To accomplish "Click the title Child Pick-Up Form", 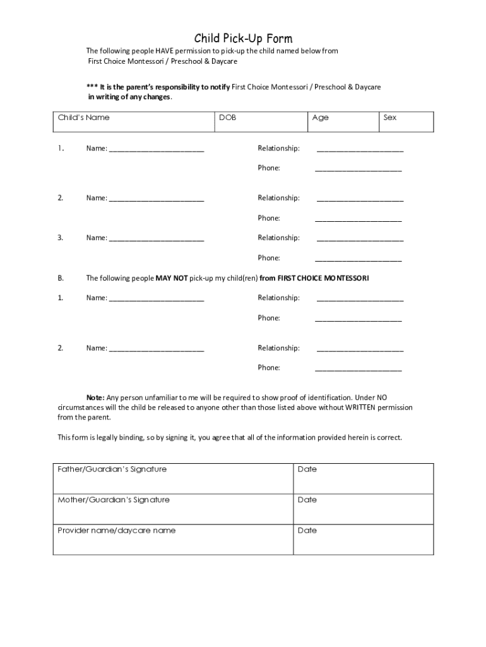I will [x=243, y=39].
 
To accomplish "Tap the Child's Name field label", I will [x=83, y=118].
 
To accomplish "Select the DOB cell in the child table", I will [x=228, y=118].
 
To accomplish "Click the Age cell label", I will [x=320, y=118].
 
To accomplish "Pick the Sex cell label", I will [x=390, y=118].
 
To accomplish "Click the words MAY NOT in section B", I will [x=171, y=278].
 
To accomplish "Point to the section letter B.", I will [x=61, y=278].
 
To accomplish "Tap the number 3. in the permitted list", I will [x=61, y=238].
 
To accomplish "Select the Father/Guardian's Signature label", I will [x=112, y=469].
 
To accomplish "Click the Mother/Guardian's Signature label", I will [x=114, y=500].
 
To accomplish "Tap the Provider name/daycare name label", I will [x=117, y=531].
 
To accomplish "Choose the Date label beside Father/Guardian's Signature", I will [x=307, y=469].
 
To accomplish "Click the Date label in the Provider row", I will [x=307, y=531].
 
